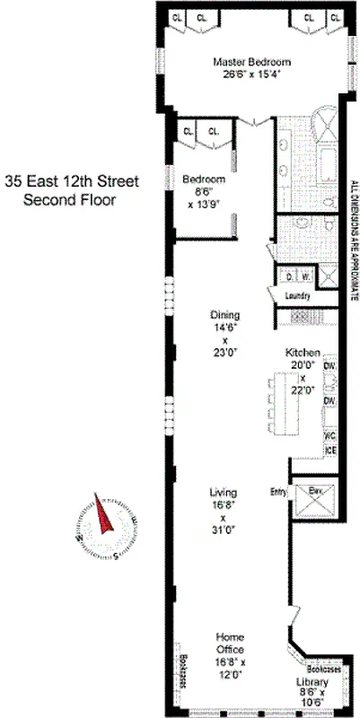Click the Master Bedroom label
251,62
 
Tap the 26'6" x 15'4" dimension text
251,74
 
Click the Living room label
224,493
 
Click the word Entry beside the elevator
277,491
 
